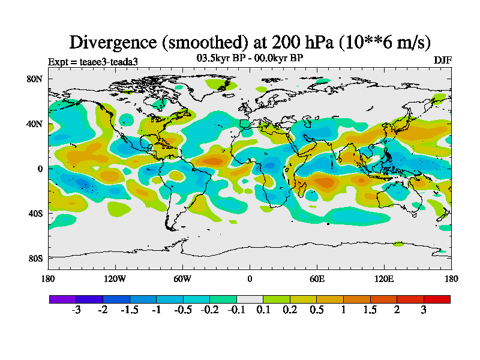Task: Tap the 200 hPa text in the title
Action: click(295, 42)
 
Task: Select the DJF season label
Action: click(443, 61)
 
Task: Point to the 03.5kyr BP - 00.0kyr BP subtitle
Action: click(250, 58)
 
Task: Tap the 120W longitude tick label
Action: click(116, 278)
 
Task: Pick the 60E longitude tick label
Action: click(317, 278)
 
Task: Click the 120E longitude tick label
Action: click(384, 278)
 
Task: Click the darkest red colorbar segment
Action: click(437, 299)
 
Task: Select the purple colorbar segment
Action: click(62, 299)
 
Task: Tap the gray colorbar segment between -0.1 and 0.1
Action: click(250, 299)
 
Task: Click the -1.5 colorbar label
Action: click(130, 310)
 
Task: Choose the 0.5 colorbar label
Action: click(317, 310)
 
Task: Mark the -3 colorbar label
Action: click(76, 310)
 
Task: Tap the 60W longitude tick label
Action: click(182, 278)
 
